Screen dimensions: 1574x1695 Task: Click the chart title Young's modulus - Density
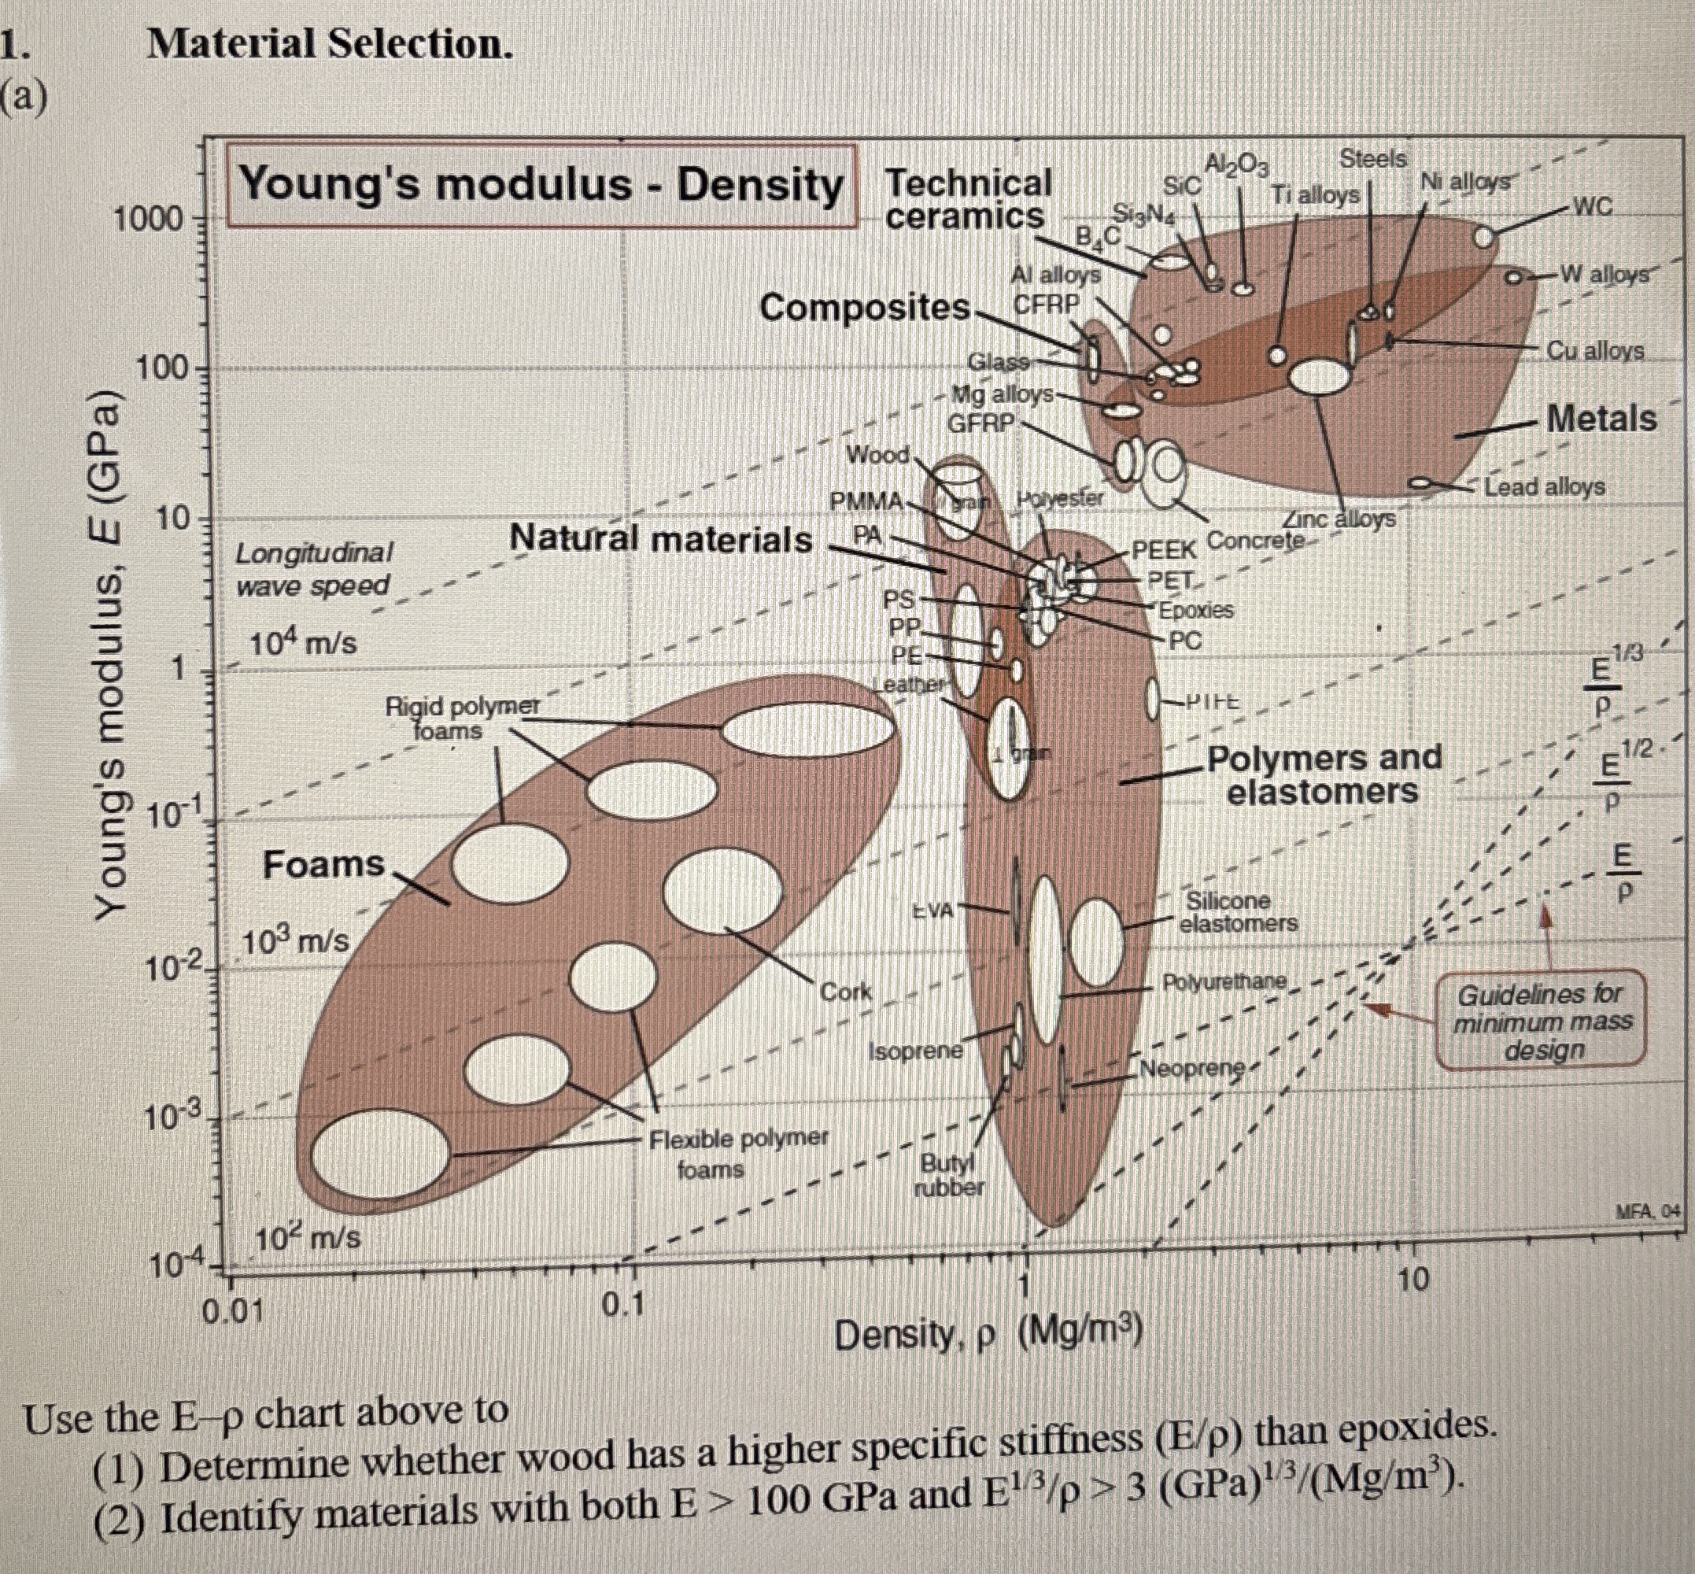[541, 186]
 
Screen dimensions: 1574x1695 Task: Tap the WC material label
[1592, 205]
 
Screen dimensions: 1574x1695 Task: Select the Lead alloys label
[1543, 487]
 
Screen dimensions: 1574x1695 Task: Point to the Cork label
[845, 992]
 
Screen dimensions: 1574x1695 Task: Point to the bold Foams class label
[323, 864]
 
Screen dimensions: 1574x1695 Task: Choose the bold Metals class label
[1601, 418]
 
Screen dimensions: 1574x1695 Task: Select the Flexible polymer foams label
[737, 1153]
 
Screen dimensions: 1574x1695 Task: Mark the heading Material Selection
[330, 44]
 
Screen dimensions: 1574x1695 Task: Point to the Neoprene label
[1191, 1068]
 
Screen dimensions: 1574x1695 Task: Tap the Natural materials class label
[660, 540]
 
